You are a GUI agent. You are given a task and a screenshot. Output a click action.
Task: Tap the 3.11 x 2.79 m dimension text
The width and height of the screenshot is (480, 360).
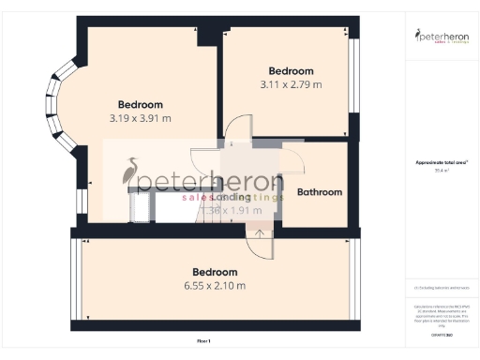[x=291, y=84]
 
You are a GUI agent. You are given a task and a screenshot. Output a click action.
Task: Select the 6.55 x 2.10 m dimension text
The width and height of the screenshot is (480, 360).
[x=214, y=285]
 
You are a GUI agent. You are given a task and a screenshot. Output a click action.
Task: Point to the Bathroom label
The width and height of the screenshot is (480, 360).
[x=320, y=192]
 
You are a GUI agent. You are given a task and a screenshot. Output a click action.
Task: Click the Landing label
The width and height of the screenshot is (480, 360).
[x=231, y=197]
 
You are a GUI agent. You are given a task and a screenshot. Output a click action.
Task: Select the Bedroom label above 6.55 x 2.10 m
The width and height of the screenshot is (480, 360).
[x=214, y=272]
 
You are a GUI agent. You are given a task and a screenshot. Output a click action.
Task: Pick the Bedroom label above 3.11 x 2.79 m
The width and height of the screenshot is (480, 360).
[x=291, y=71]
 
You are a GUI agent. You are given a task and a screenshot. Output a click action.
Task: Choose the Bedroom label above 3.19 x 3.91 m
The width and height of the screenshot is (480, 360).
[x=141, y=104]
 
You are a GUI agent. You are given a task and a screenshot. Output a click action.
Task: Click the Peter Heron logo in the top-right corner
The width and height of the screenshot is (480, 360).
[x=442, y=37]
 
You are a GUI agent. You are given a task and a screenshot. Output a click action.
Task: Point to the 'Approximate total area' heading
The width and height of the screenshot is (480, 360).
[x=442, y=162]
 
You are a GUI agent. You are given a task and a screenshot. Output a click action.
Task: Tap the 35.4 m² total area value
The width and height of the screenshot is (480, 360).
[x=442, y=171]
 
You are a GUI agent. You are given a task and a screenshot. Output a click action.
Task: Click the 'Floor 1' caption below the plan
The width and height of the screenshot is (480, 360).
[x=203, y=339]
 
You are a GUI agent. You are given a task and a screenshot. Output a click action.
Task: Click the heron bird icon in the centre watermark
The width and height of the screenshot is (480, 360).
[x=132, y=174]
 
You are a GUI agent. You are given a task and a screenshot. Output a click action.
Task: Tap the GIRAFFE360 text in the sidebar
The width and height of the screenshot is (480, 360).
[x=442, y=334]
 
